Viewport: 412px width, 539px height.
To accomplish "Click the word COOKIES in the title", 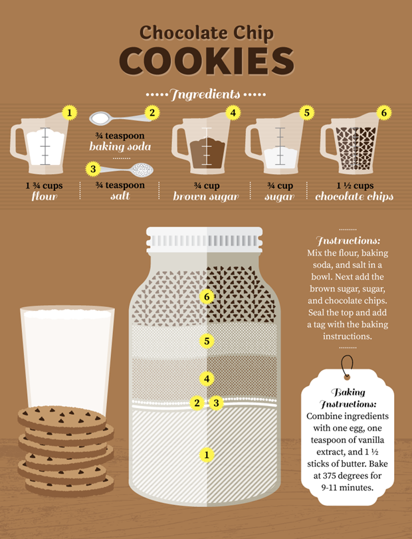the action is tap(207, 61).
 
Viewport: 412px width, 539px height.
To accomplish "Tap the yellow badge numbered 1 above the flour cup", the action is tap(69, 112).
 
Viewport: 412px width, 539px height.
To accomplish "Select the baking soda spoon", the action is tap(120, 118).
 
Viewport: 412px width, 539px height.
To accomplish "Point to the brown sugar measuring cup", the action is tap(201, 144).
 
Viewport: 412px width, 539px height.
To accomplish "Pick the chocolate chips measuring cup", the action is tap(350, 143).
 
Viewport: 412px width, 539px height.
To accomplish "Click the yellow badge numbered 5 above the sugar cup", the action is tap(306, 112).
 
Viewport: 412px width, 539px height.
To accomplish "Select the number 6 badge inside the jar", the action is tap(207, 296).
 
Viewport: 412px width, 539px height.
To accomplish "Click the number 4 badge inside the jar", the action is tap(207, 378).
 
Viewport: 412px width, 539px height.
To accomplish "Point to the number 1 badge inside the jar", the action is tap(207, 455).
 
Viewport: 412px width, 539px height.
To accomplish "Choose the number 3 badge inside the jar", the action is tap(216, 403).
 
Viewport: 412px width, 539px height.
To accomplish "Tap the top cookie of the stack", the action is tap(62, 418).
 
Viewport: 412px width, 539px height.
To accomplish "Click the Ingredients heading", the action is tap(205, 94).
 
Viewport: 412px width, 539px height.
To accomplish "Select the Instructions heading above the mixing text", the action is tap(348, 241).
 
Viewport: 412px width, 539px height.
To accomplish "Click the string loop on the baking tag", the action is tap(347, 366).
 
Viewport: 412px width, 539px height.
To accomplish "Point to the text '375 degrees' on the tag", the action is tap(347, 475).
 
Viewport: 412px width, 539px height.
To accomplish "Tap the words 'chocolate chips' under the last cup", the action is tap(354, 197).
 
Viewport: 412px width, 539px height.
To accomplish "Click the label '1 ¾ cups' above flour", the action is tap(44, 185).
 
